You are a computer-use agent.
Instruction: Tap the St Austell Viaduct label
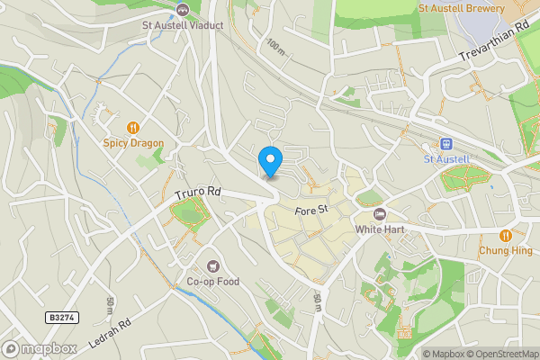pyautogui.click(x=183, y=25)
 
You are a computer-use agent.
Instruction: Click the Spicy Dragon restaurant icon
pyautogui.click(x=133, y=128)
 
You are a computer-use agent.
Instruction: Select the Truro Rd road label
pyautogui.click(x=197, y=193)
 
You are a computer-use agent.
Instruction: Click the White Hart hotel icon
pyautogui.click(x=379, y=214)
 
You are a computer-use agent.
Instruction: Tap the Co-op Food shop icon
pyautogui.click(x=213, y=265)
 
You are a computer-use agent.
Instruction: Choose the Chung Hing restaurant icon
pyautogui.click(x=506, y=236)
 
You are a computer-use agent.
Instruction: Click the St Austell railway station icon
pyautogui.click(x=446, y=144)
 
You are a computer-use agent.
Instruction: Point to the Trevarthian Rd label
pyautogui.click(x=494, y=43)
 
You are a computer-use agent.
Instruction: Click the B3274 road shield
pyautogui.click(x=60, y=318)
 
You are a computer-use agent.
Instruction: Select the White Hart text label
pyautogui.click(x=379, y=229)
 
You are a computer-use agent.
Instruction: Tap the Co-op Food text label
pyautogui.click(x=213, y=282)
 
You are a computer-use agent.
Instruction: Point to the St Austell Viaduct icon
pyautogui.click(x=183, y=10)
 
